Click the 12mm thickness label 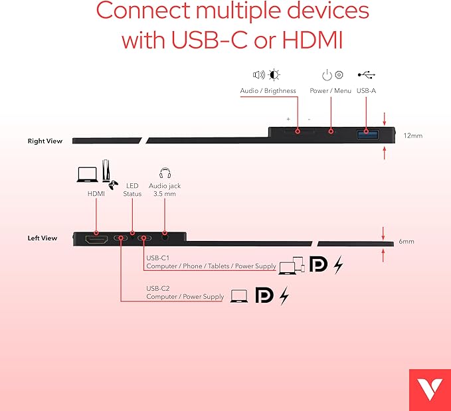click(412, 135)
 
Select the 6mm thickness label click(406, 242)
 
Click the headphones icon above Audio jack click(165, 174)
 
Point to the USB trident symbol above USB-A click(366, 75)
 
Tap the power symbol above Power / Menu click(326, 76)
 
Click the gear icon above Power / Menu click(339, 76)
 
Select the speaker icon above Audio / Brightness click(258, 75)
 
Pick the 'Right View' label click(45, 141)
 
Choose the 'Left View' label click(43, 238)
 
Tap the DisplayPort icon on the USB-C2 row click(264, 295)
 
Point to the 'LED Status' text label click(132, 190)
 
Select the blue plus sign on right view click(288, 119)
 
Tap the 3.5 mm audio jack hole click(163, 237)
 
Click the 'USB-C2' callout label click(159, 288)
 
